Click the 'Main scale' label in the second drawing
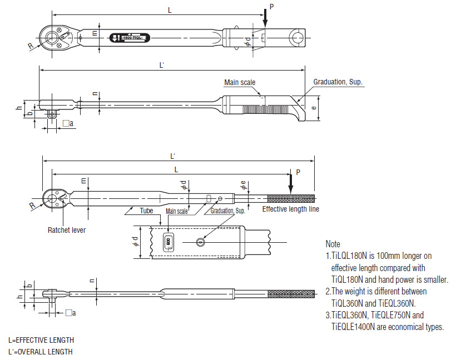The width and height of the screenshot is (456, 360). pos(240,82)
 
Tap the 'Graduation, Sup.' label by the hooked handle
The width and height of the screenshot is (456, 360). pos(338,82)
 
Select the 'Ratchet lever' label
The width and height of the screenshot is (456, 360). pos(67,229)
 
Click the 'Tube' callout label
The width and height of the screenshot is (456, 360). pos(146,211)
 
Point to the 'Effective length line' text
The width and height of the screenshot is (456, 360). pos(290,209)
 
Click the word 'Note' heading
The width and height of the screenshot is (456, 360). pos(333,244)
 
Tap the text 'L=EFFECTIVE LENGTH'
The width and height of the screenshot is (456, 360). pos(41,340)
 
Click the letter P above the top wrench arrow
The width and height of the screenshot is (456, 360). pos(271,6)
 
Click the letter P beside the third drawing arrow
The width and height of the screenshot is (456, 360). pos(298,173)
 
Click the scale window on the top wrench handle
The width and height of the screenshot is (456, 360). pos(130,38)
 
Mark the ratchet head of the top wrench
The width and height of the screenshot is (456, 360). pos(54,38)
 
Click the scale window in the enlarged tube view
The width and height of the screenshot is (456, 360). pos(167,242)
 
